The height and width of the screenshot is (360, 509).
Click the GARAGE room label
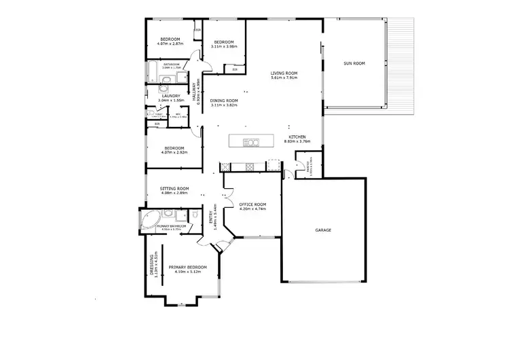point(323,230)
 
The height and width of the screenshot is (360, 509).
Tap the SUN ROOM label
point(354,63)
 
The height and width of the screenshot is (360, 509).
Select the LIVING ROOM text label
point(284,73)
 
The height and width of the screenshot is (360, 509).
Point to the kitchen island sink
point(250,142)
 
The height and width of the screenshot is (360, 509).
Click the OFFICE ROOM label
point(252,204)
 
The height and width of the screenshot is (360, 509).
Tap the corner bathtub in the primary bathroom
point(150,219)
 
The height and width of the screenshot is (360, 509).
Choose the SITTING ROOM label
point(174,188)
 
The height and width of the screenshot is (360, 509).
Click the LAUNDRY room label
point(170,96)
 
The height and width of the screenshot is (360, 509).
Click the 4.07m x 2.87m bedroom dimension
point(170,43)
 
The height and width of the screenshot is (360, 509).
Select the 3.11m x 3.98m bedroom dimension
point(224,46)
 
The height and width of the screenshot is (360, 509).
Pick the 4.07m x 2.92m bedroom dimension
point(173,152)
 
